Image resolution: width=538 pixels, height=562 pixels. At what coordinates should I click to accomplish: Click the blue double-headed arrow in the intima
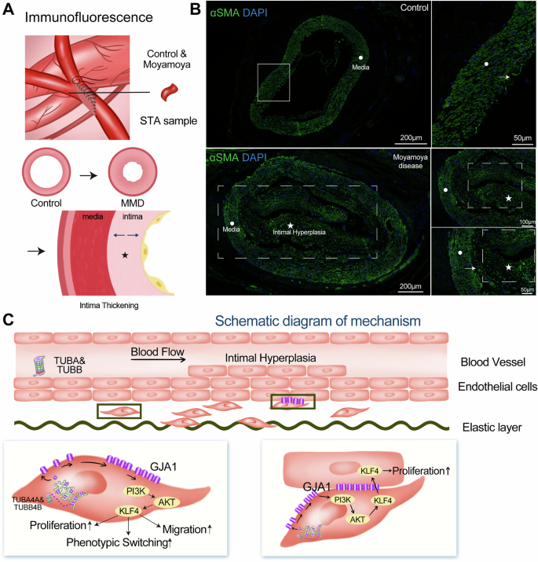coord(126,235)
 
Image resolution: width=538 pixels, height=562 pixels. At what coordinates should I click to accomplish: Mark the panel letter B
coord(213,12)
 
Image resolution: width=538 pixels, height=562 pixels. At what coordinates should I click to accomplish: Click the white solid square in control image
coord(273,82)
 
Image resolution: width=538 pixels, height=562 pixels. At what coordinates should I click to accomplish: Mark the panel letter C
coord(9,319)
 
